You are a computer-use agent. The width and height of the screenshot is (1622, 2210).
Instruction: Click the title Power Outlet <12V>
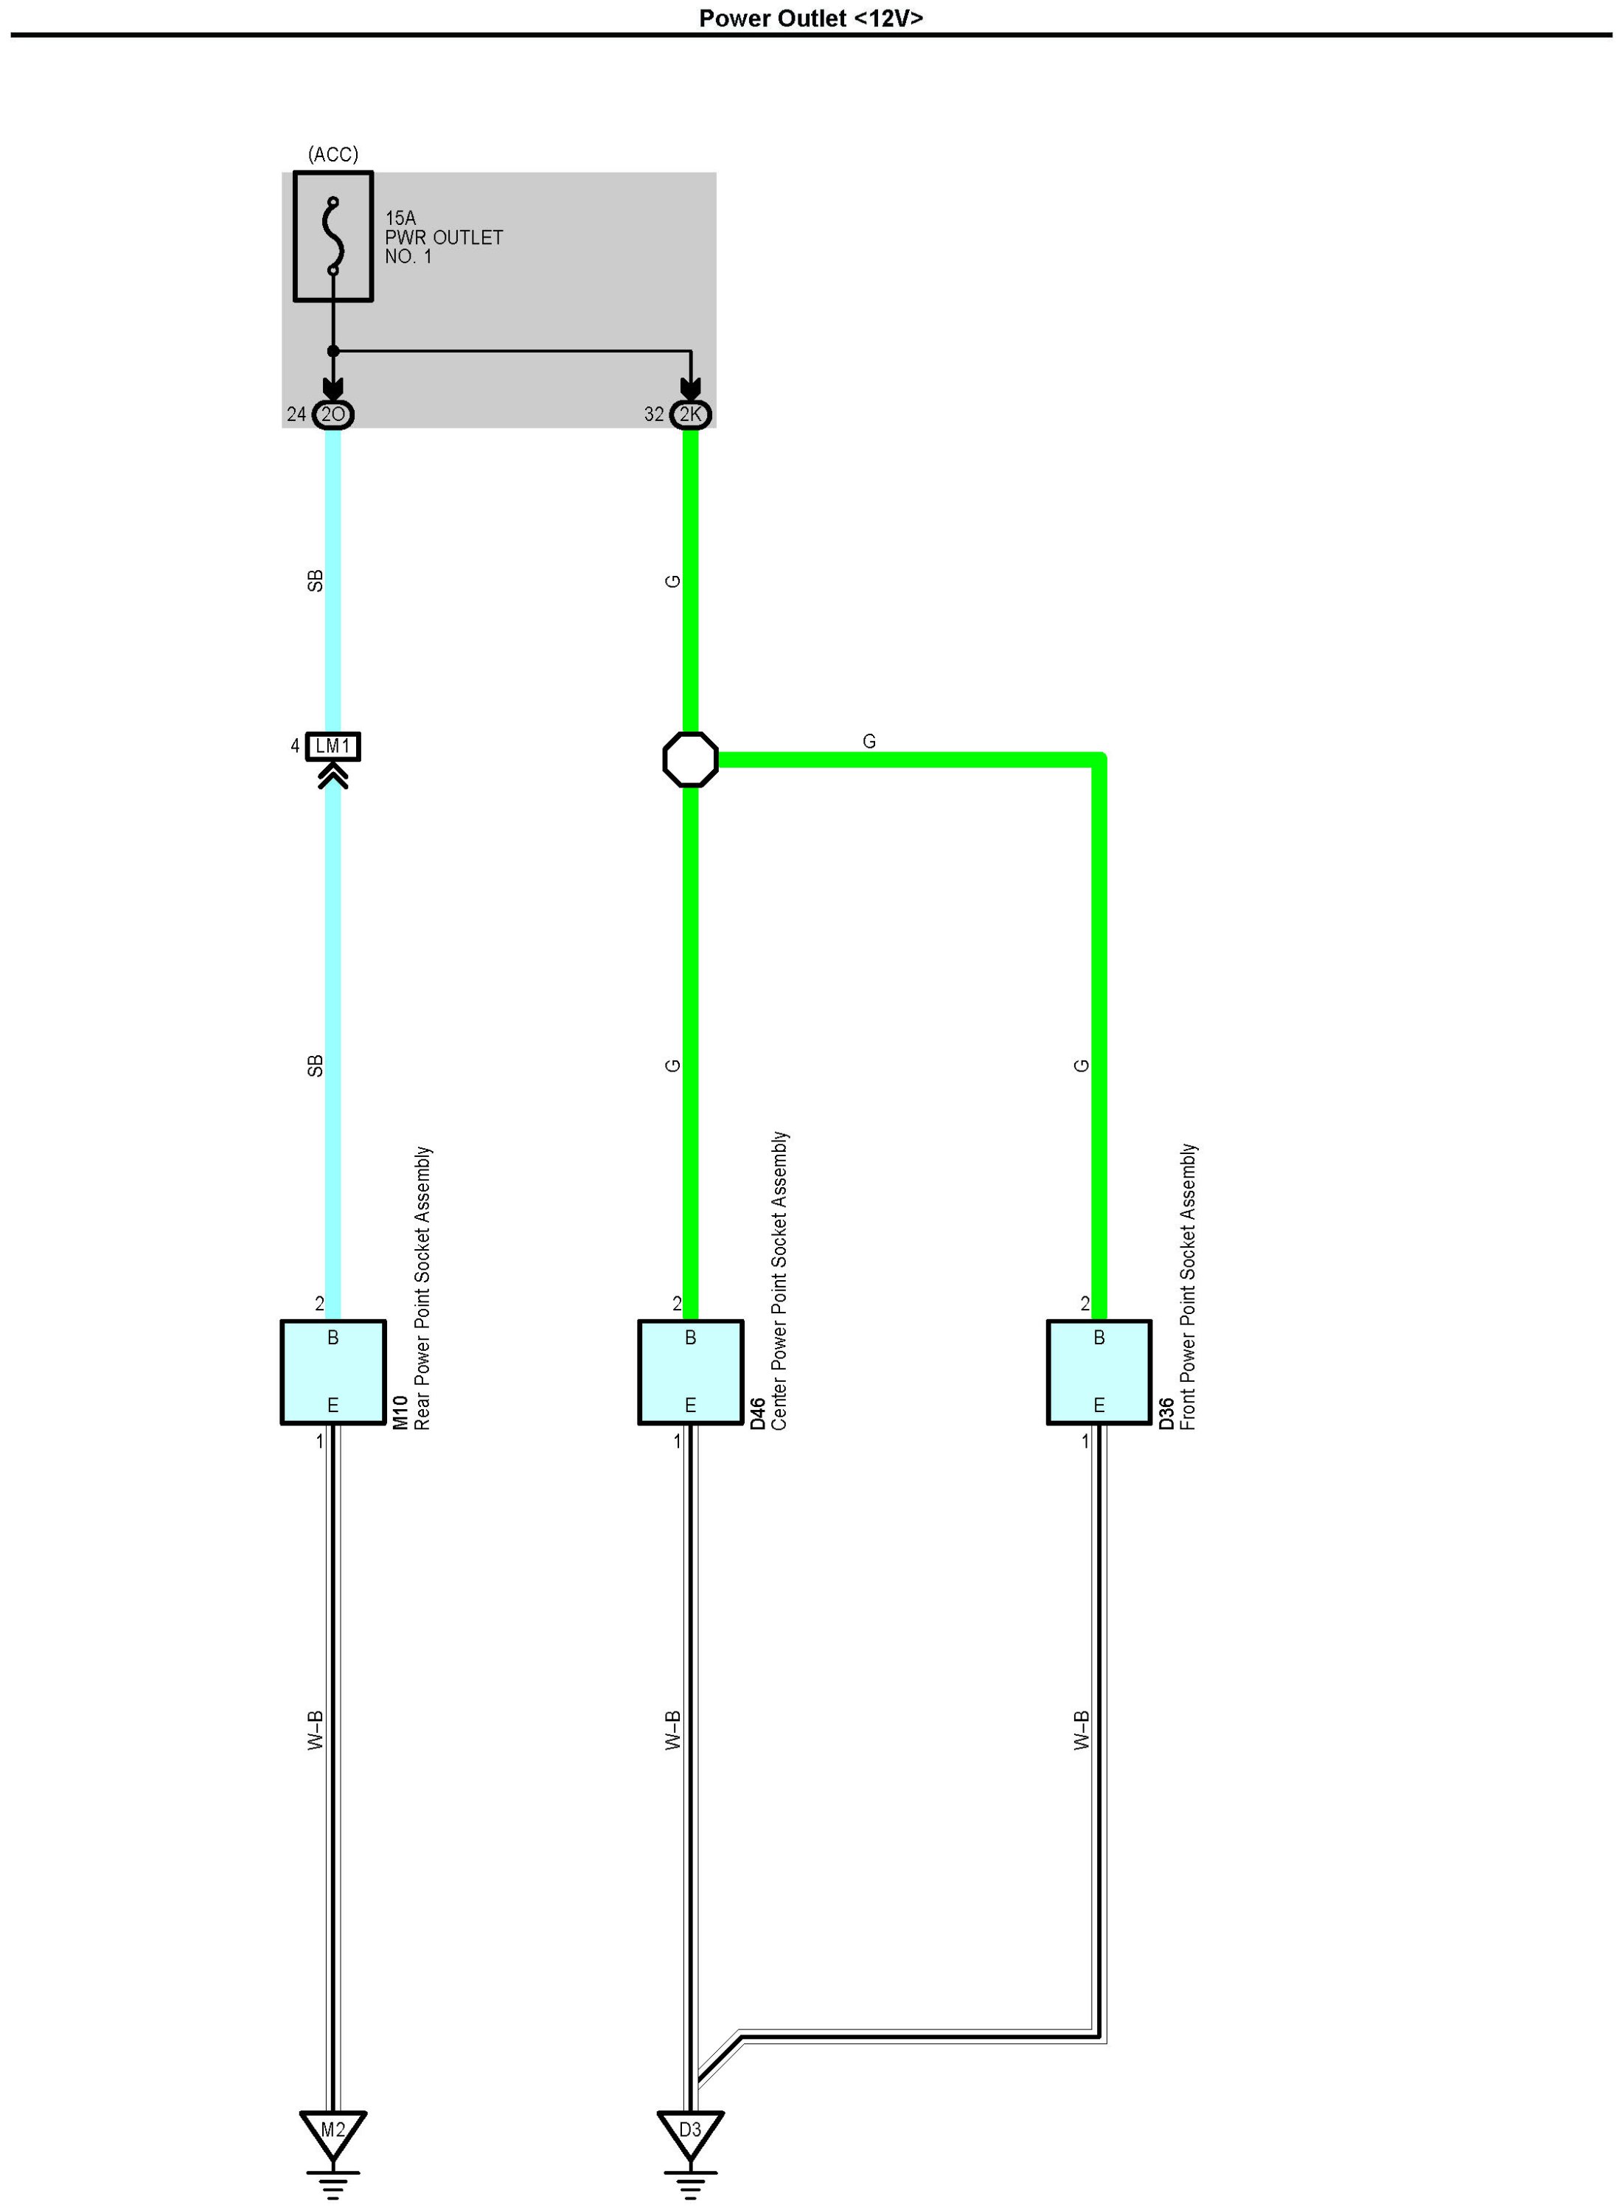click(810, 18)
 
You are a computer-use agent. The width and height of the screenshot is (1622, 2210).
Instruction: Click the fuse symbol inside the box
click(334, 237)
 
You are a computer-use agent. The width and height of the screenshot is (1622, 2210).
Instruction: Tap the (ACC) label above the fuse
click(333, 154)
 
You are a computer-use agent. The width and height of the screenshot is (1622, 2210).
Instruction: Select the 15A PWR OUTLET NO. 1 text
click(443, 237)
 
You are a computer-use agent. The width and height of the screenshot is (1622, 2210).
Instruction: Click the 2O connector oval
click(333, 414)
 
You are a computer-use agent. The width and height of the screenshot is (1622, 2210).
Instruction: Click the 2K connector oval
click(690, 414)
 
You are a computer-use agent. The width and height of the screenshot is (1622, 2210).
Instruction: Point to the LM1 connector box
click(333, 747)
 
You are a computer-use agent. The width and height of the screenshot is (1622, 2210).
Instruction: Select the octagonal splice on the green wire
click(690, 759)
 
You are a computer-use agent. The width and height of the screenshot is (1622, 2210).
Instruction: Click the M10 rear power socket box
click(333, 1372)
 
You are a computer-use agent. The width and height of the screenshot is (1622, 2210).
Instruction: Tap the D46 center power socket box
click(690, 1372)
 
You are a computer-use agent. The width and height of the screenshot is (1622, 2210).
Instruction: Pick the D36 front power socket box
click(1099, 1372)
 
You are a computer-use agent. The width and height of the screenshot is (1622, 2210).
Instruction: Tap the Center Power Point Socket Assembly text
click(779, 1280)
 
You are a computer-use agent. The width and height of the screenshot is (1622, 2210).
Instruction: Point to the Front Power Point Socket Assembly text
click(1188, 1286)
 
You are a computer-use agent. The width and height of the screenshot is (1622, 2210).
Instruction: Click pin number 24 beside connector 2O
click(296, 414)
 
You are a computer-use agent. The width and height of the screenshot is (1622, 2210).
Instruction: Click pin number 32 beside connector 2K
click(654, 414)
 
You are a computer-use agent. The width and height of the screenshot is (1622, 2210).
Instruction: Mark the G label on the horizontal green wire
click(869, 741)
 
